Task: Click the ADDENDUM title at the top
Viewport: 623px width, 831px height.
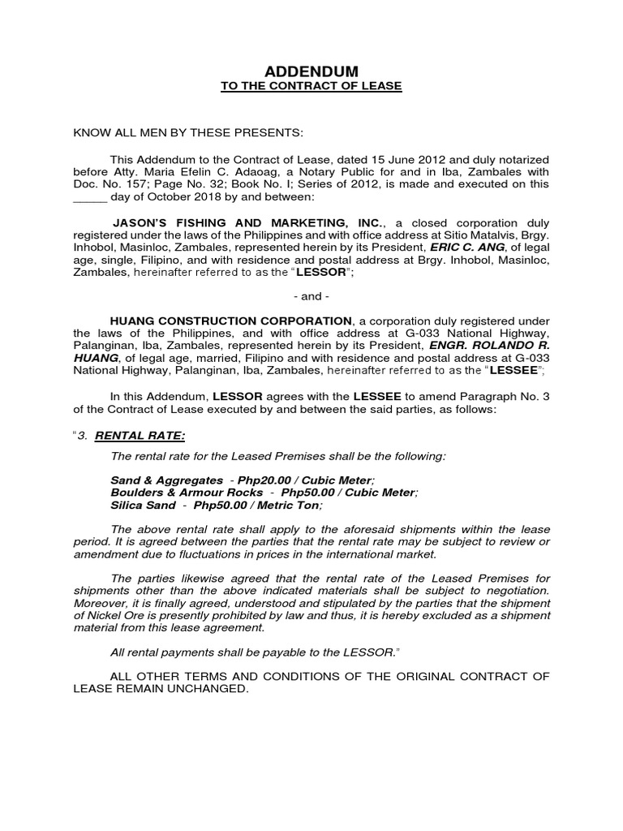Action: [311, 72]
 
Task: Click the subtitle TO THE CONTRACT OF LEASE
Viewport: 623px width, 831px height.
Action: [311, 86]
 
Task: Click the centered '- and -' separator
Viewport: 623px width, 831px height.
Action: [311, 297]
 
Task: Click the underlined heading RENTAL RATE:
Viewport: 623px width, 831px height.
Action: [140, 436]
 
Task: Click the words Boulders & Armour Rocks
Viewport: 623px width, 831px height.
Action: [187, 493]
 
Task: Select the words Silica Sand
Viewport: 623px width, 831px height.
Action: [143, 505]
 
